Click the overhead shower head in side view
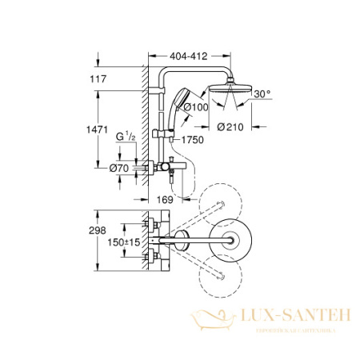(x=227, y=86)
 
